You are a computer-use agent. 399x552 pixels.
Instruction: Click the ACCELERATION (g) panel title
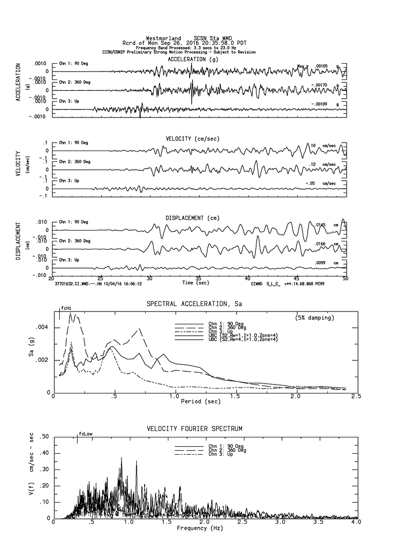[193, 59]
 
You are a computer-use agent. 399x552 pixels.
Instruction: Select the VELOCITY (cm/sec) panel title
[192, 139]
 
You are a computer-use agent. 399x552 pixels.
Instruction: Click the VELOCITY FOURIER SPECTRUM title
[194, 428]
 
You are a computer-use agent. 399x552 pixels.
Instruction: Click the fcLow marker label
[85, 434]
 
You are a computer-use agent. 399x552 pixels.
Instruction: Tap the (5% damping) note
[315, 317]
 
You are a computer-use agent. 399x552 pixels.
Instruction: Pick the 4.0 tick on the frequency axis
[356, 522]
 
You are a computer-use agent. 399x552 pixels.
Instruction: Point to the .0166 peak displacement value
[321, 244]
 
